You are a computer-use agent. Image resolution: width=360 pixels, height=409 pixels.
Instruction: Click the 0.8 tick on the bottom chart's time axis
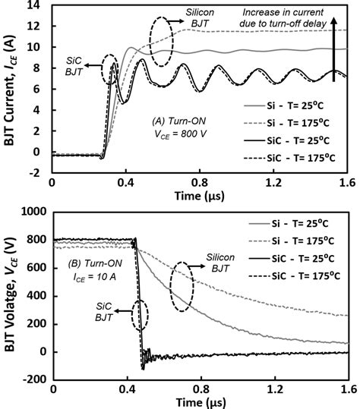click(x=203, y=389)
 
